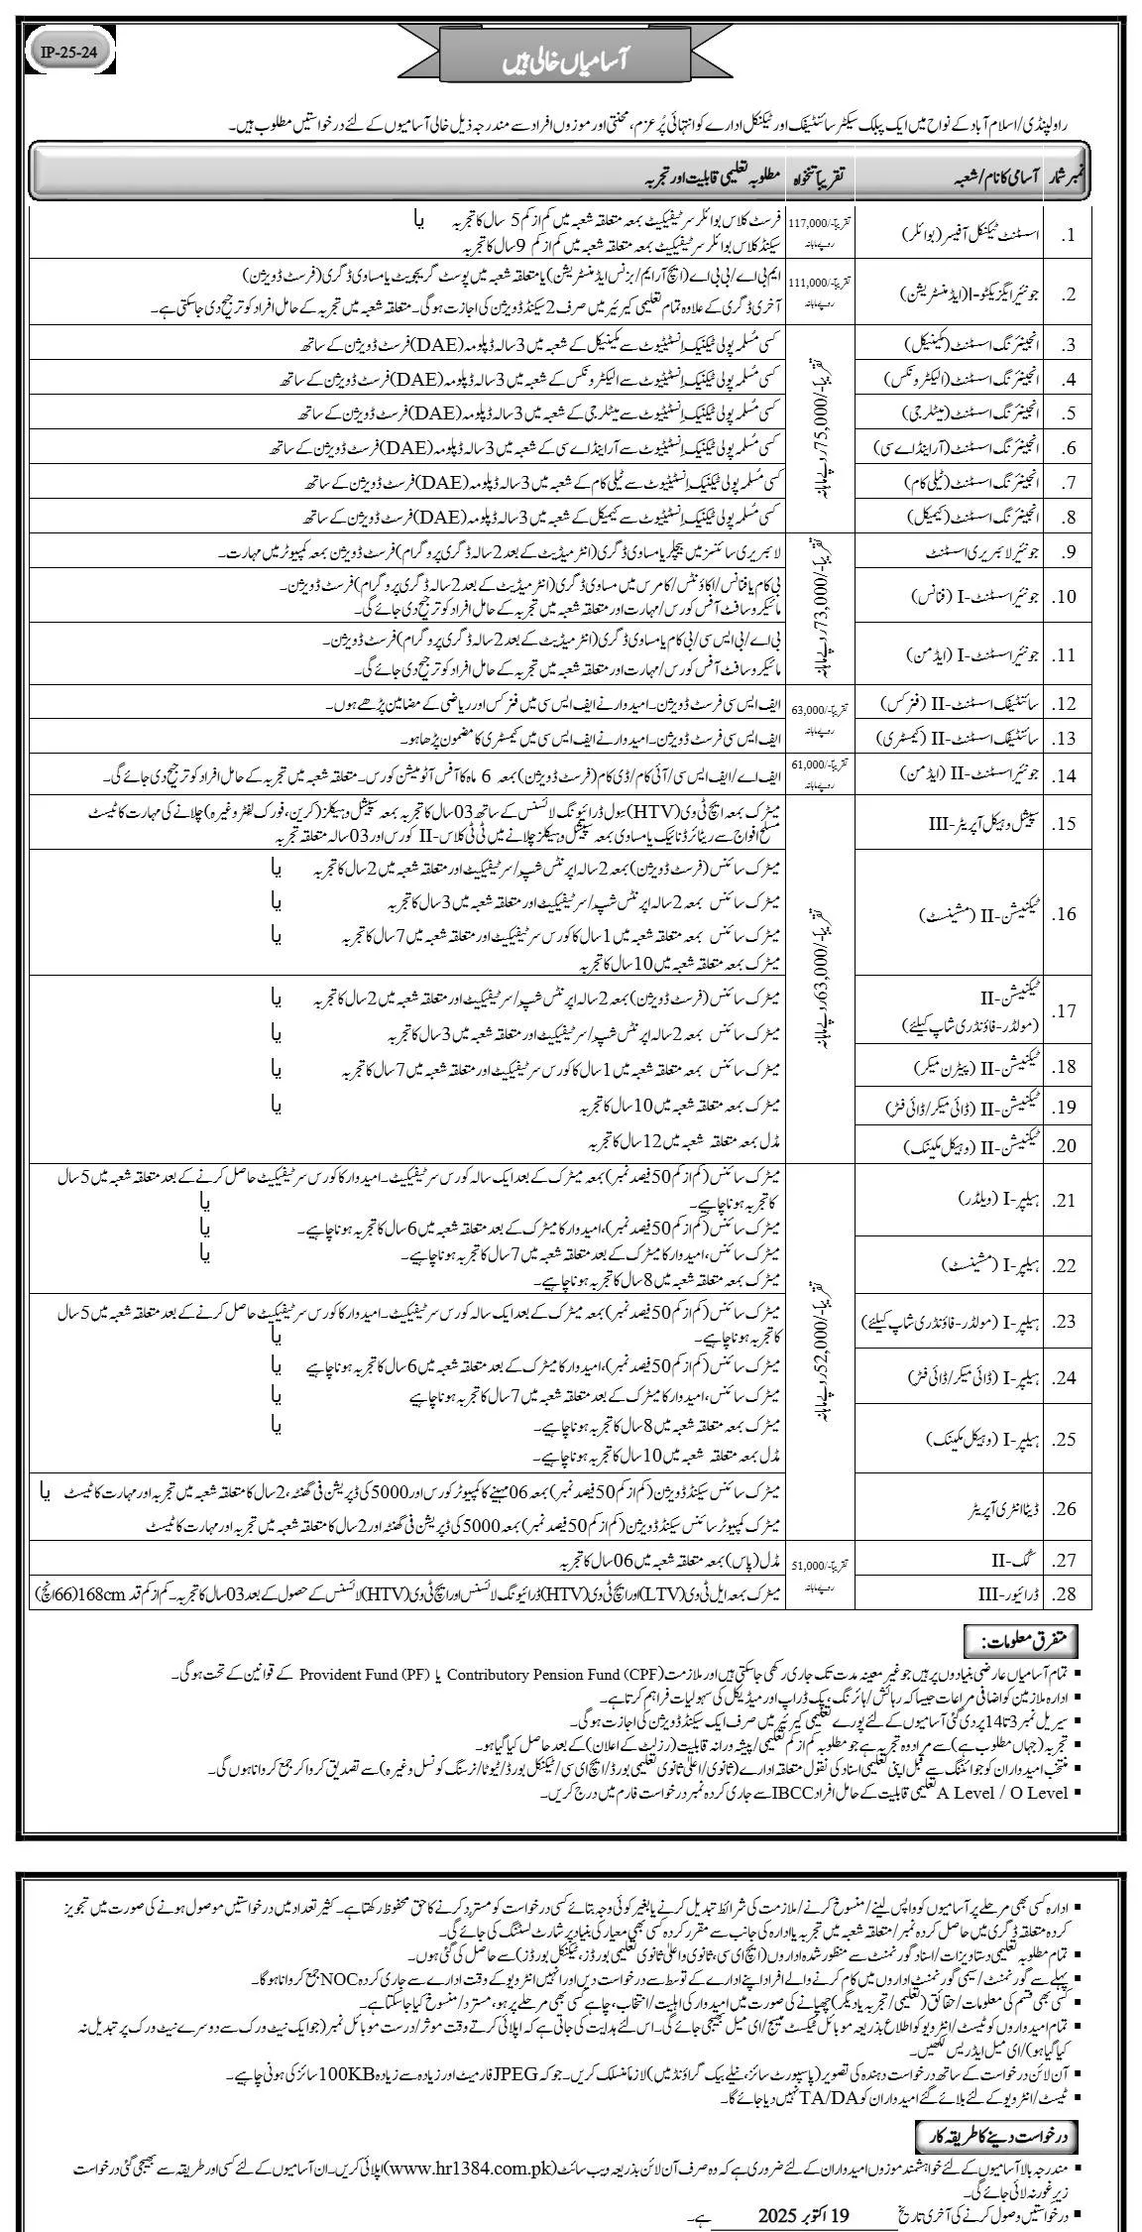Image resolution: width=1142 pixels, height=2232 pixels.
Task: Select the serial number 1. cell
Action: [x=1074, y=236]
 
